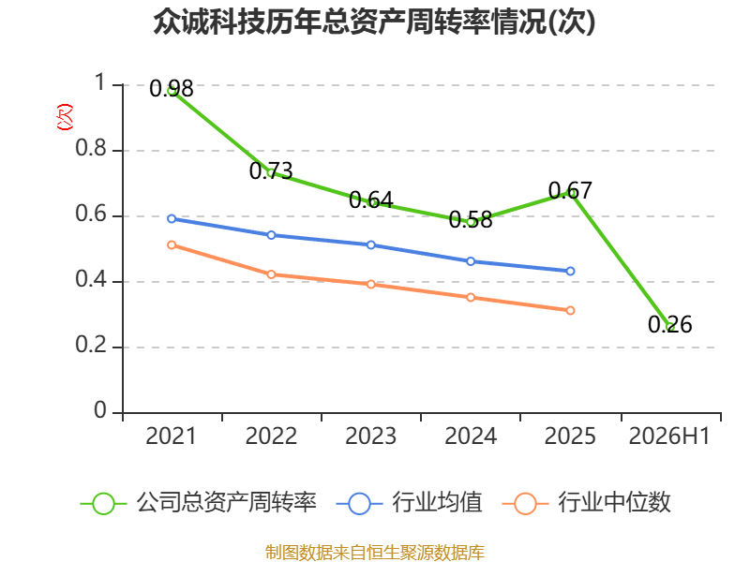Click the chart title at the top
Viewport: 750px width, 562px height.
click(374, 22)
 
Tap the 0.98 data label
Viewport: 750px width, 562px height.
click(172, 89)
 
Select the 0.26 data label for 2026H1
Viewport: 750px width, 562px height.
click(669, 325)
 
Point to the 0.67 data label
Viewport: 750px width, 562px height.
click(570, 191)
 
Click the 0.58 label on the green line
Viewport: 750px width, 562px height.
click(471, 220)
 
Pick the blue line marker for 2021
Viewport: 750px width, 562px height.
click(172, 218)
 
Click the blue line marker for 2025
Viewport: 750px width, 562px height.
click(570, 271)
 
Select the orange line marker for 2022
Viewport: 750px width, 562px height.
click(271, 274)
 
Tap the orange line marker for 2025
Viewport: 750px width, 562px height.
click(570, 311)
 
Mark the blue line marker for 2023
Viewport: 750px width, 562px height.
click(370, 244)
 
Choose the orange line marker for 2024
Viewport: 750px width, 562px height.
click(471, 297)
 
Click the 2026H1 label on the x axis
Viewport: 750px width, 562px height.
click(669, 436)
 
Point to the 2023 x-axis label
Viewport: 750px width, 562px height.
click(370, 436)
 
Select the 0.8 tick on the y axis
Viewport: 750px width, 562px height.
click(91, 148)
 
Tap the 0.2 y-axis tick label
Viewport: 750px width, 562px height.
click(91, 345)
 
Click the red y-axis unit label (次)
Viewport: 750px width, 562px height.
click(65, 117)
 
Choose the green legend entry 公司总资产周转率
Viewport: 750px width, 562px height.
click(199, 503)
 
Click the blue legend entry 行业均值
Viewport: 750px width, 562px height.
click(410, 503)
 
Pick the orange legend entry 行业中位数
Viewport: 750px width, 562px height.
click(587, 503)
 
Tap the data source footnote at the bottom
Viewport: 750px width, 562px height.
click(375, 553)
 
